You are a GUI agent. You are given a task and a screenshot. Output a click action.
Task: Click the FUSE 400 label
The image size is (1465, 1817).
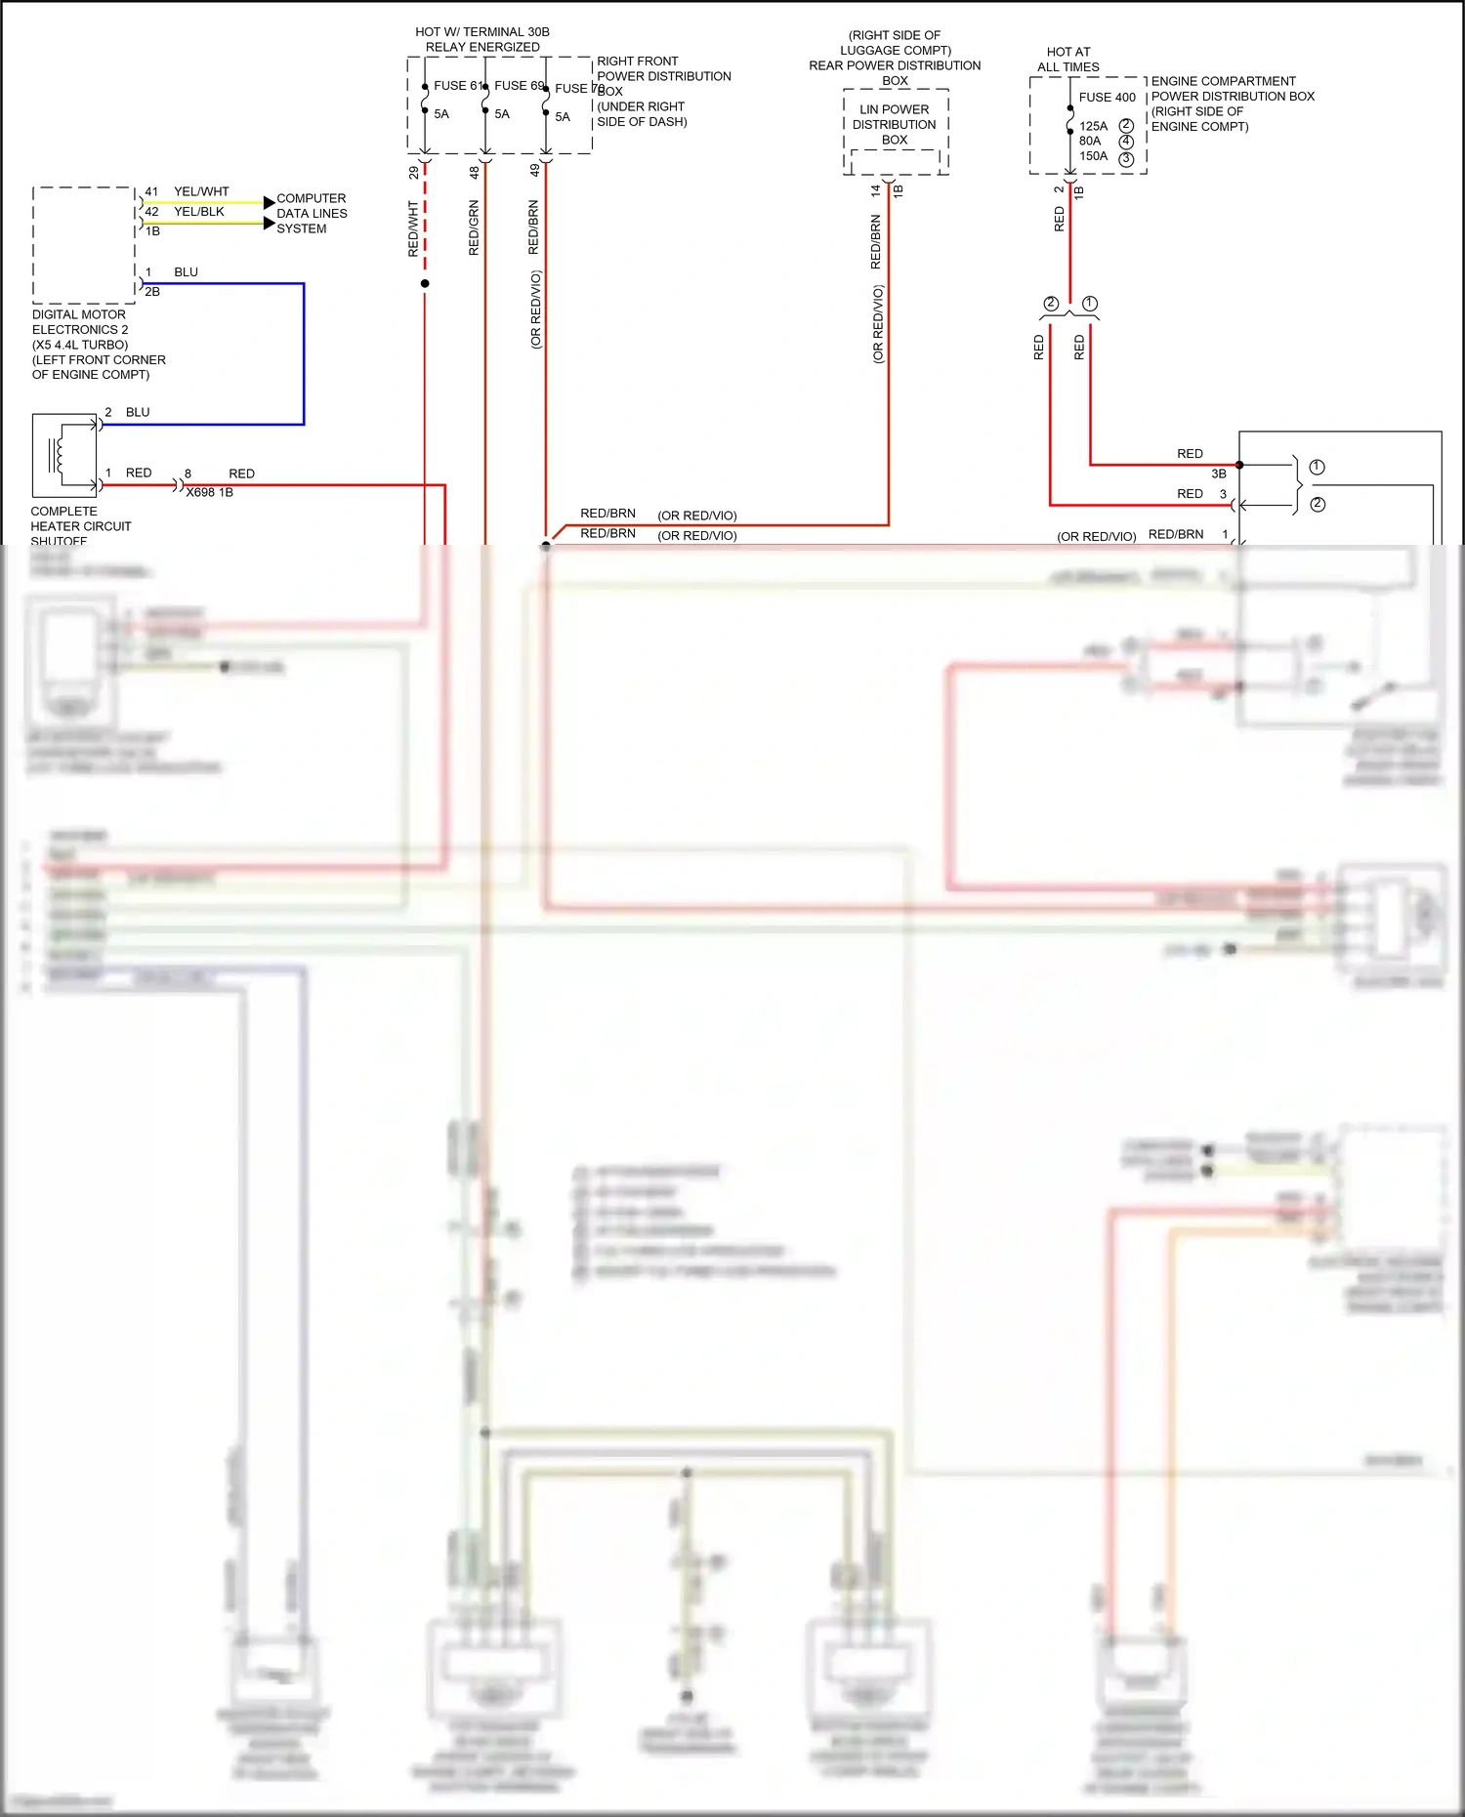pos(1107,98)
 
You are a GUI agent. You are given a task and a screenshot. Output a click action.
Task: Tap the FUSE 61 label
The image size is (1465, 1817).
pos(457,86)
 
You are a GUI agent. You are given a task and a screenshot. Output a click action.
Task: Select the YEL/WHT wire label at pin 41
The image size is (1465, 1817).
pos(201,192)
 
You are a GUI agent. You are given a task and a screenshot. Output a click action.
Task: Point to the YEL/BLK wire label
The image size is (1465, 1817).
pos(198,212)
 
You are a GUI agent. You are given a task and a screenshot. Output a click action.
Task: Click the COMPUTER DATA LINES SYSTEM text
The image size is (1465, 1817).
pos(311,214)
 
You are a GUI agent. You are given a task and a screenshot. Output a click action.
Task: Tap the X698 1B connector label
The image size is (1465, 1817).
pos(209,493)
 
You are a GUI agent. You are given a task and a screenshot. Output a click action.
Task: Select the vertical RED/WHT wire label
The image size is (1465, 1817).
pos(413,229)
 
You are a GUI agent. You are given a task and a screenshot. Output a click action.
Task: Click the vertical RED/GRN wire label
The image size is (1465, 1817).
pos(474,228)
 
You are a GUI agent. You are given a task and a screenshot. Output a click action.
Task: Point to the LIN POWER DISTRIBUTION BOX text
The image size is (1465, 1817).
pos(894,125)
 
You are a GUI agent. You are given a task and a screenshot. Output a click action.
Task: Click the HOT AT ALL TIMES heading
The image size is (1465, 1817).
pos(1067,60)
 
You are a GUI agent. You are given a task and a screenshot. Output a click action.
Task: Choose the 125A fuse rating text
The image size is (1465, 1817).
pos(1093,127)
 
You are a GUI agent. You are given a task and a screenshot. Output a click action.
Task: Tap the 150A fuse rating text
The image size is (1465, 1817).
pos(1093,156)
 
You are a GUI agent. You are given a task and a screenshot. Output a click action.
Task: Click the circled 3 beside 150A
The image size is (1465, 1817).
pos(1126,159)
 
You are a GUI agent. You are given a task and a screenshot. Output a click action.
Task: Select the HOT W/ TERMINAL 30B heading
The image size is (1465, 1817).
pos(482,39)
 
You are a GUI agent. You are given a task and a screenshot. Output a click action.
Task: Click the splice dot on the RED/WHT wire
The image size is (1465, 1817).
pos(425,284)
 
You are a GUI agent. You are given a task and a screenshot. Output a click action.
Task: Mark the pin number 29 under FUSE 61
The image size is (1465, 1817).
pos(414,173)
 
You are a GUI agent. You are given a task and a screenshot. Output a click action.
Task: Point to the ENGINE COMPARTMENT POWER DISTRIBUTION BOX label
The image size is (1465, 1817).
pos(1232,103)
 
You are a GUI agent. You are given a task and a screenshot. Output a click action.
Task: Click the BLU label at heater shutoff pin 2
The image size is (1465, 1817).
pos(138,413)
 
